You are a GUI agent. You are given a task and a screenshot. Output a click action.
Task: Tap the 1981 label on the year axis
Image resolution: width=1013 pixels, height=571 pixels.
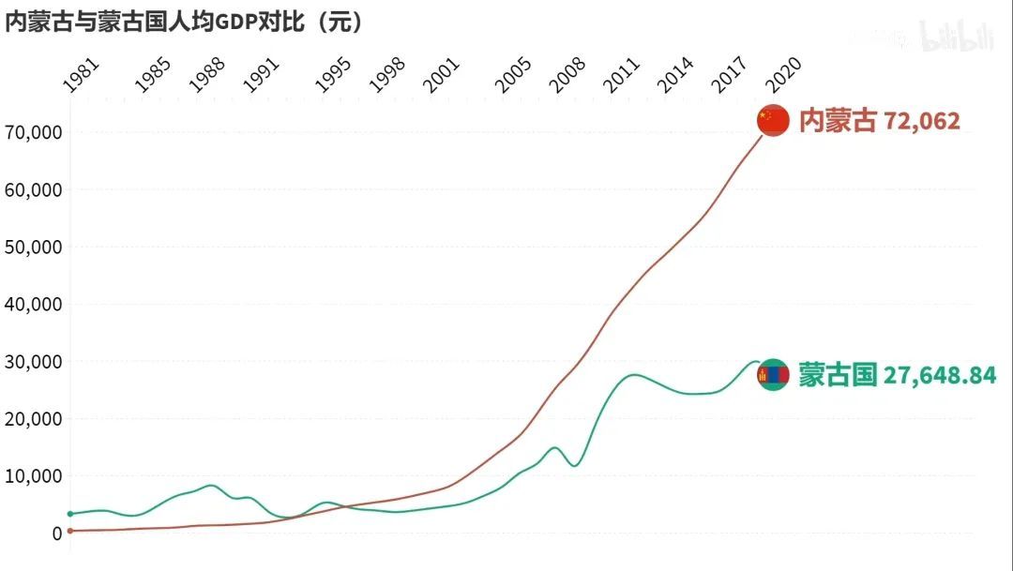click(81, 75)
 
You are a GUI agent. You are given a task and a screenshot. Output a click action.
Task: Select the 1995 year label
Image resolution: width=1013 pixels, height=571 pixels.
click(333, 75)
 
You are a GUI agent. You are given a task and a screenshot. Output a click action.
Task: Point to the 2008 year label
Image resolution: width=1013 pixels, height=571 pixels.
click(567, 75)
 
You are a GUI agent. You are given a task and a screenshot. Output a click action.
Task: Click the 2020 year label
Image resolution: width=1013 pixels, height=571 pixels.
click(782, 75)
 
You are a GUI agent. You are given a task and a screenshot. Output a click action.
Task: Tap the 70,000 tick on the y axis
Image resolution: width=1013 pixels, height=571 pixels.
click(34, 132)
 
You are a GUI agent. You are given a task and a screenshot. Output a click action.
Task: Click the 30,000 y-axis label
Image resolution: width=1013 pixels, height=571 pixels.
click(34, 361)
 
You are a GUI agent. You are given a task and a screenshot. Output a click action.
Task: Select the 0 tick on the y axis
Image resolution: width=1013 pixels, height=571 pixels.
click(56, 533)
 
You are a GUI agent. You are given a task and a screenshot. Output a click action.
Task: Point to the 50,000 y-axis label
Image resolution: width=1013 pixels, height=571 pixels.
click(34, 247)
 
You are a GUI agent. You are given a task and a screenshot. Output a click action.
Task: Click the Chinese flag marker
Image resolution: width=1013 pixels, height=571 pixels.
click(773, 120)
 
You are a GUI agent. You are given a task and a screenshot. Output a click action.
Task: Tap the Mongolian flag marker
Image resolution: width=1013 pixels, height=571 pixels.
click(773, 375)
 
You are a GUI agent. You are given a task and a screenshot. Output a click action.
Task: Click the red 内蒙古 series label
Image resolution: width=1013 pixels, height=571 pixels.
click(838, 121)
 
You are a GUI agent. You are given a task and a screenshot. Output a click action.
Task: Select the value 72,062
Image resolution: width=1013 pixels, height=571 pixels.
click(922, 121)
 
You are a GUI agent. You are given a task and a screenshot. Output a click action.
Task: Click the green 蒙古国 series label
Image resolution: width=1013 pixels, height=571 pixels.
click(838, 375)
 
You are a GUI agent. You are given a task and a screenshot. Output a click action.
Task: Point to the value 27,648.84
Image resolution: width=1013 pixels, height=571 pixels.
click(940, 376)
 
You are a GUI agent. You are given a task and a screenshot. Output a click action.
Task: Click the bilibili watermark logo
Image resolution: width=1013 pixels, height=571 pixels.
click(956, 36)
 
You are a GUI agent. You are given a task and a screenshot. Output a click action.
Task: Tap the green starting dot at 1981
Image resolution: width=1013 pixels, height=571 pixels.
click(70, 514)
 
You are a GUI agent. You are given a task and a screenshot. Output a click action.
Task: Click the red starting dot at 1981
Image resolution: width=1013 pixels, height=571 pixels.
click(70, 531)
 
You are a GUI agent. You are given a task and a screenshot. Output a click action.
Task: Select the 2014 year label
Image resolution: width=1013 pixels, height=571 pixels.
click(675, 75)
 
